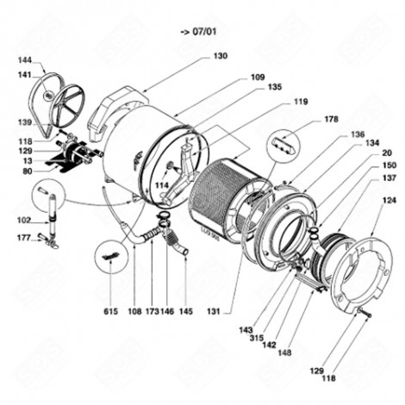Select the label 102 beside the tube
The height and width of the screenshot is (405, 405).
[25, 220]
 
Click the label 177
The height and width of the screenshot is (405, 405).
[25, 237]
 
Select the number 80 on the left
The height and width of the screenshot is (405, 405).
[28, 172]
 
